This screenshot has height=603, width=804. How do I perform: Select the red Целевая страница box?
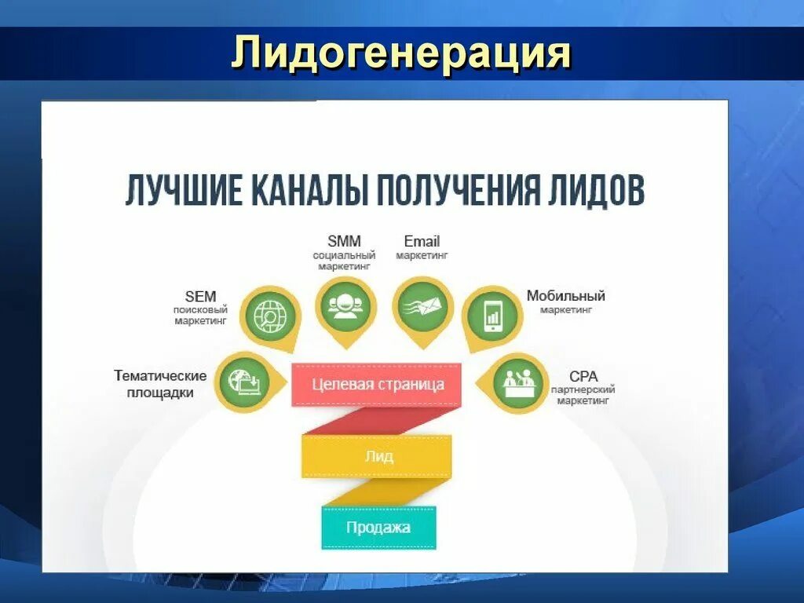[377, 385]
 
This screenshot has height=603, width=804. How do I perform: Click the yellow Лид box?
[377, 456]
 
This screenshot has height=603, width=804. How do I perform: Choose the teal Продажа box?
[378, 528]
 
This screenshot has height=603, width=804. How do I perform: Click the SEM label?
[200, 297]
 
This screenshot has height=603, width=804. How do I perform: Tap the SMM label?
[344, 242]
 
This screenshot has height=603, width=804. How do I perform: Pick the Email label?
[422, 242]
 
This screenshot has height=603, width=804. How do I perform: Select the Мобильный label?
[565, 297]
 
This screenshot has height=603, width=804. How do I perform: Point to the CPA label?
[583, 377]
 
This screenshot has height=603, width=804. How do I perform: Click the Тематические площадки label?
[160, 385]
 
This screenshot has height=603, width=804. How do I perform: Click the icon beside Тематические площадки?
[243, 382]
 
